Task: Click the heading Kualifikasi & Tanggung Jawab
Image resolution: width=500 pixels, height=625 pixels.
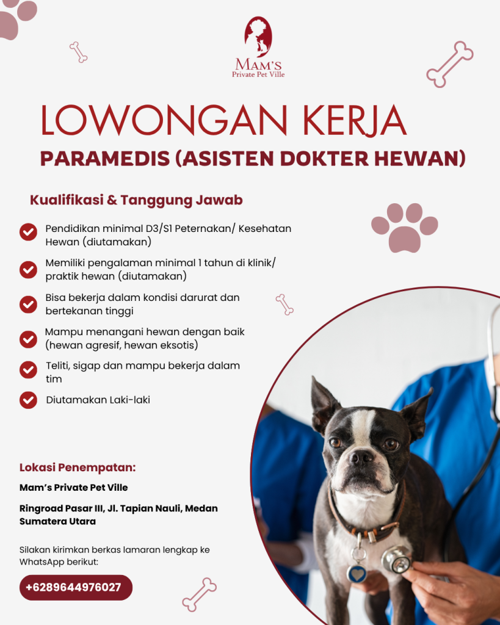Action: (x=136, y=200)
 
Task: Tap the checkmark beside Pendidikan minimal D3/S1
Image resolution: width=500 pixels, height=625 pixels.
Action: (x=28, y=232)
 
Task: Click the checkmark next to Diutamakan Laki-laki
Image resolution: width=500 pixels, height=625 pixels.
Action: (x=28, y=400)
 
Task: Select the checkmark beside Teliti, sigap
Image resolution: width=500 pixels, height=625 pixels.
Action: (x=28, y=370)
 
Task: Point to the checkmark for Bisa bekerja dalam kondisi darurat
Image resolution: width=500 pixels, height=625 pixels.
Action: (x=28, y=304)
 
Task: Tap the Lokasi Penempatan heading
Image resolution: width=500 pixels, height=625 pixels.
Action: (x=78, y=468)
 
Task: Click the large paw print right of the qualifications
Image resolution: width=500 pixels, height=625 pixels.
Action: (x=404, y=227)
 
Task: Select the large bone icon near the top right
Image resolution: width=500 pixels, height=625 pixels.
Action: (x=449, y=64)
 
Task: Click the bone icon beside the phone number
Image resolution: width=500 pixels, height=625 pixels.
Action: (x=199, y=594)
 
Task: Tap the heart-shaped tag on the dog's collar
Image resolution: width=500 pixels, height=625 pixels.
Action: (x=357, y=573)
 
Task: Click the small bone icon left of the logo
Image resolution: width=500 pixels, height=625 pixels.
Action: (x=79, y=52)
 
